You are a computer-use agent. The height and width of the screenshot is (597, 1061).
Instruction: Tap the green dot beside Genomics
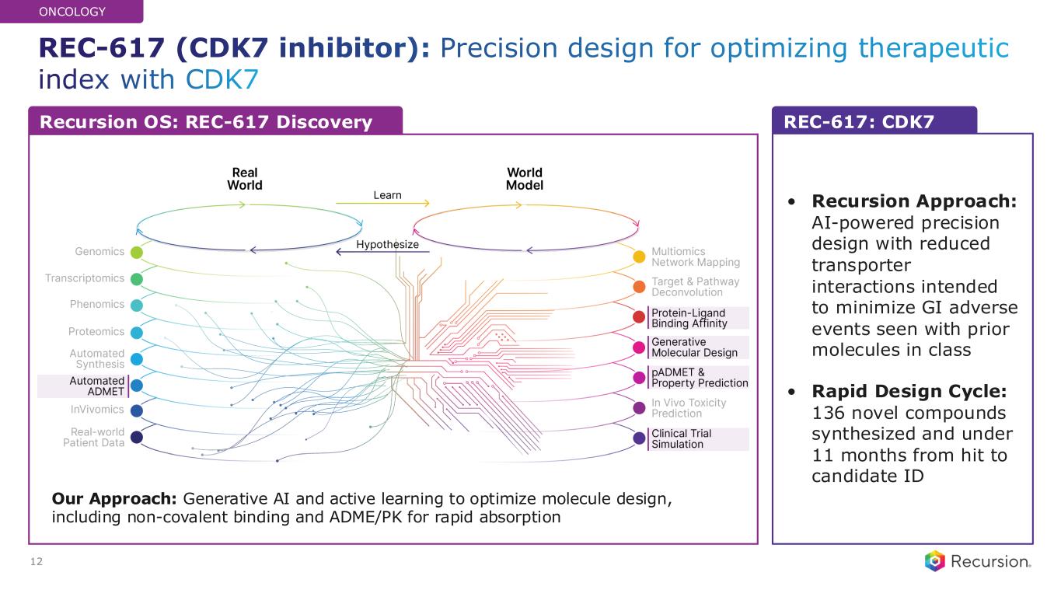coord(137,252)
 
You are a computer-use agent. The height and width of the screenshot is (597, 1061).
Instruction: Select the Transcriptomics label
coord(85,278)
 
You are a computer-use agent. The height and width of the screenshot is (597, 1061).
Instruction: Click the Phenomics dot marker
coord(137,305)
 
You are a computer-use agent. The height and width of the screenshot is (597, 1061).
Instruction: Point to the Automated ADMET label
coord(97,386)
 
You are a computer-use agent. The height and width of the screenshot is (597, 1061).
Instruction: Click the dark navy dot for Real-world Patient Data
coord(137,438)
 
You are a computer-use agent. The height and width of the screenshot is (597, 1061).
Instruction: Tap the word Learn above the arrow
coord(387,195)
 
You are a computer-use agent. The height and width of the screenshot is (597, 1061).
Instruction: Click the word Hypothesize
coord(387,245)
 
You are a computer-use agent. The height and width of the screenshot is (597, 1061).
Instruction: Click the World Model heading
coord(524,179)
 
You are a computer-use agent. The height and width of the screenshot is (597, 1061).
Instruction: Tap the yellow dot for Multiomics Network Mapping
coord(639,257)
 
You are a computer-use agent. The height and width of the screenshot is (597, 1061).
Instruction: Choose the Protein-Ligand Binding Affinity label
coord(689,318)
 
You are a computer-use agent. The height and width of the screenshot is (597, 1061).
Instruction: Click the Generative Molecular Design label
coord(694,347)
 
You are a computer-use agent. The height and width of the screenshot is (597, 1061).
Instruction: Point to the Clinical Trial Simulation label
coord(681,438)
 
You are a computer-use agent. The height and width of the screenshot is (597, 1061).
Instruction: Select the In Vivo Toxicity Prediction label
coord(688,408)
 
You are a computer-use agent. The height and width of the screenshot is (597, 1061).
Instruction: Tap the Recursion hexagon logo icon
coord(934,561)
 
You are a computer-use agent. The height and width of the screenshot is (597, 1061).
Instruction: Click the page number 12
coord(36,561)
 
